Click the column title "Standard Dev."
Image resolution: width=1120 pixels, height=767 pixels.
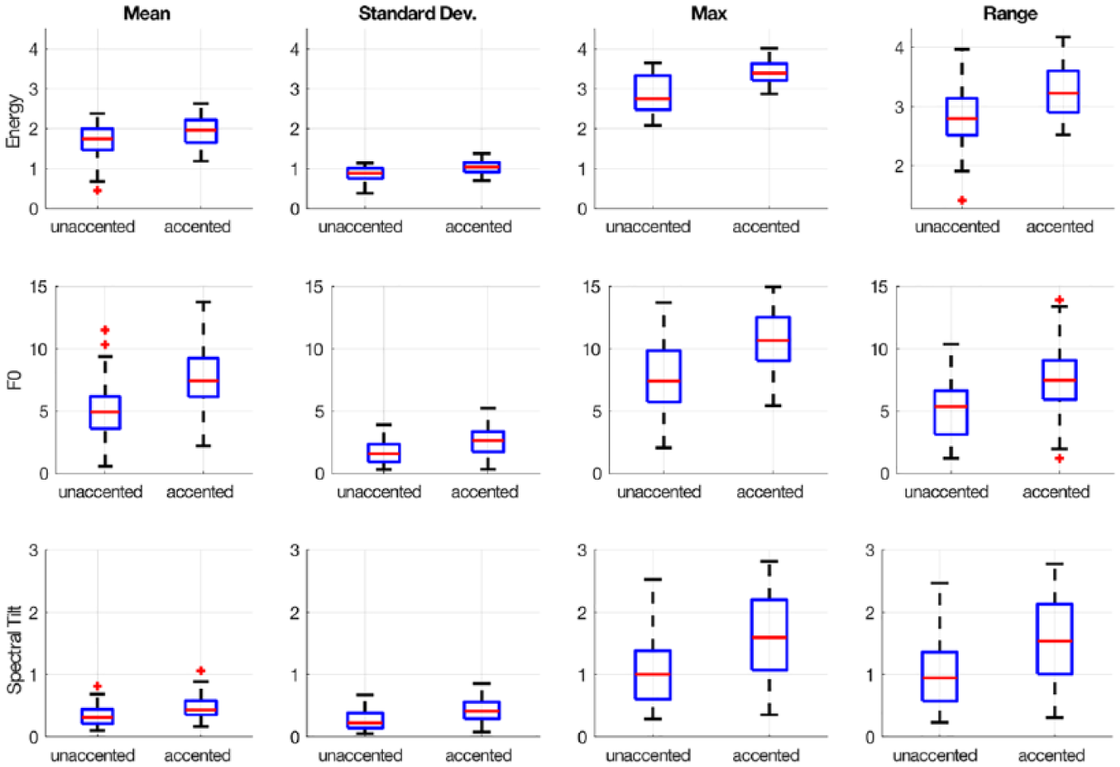click(417, 14)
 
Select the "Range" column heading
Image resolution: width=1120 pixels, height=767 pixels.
click(1010, 14)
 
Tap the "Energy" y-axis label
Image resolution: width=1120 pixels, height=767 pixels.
click(14, 121)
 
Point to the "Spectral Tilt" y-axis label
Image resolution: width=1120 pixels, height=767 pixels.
click(14, 649)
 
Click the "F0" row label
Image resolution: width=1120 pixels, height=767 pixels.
click(14, 380)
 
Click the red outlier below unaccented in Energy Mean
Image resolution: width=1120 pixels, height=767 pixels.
click(97, 190)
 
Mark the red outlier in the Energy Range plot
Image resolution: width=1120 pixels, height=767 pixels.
click(962, 200)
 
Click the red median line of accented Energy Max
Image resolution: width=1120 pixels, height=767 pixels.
click(769, 73)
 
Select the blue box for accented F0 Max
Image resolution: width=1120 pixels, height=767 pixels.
click(773, 338)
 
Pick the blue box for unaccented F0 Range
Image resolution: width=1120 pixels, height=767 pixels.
click(951, 413)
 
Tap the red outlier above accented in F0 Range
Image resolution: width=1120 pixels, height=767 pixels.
click(1059, 300)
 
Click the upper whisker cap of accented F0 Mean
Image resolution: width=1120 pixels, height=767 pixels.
click(203, 302)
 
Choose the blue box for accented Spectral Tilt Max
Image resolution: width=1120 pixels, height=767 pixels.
click(769, 635)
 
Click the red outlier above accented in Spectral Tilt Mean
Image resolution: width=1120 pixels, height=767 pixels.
click(200, 670)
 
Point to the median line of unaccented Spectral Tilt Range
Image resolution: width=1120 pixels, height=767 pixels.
click(940, 678)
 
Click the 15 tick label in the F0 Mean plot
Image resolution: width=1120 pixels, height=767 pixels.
click(38, 287)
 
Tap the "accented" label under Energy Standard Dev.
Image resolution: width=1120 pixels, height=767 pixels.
click(479, 227)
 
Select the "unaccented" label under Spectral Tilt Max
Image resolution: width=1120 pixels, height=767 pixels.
click(648, 755)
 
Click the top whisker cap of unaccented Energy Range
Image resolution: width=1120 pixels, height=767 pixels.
click(962, 49)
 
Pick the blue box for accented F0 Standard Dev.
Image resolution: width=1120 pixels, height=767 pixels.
click(488, 442)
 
